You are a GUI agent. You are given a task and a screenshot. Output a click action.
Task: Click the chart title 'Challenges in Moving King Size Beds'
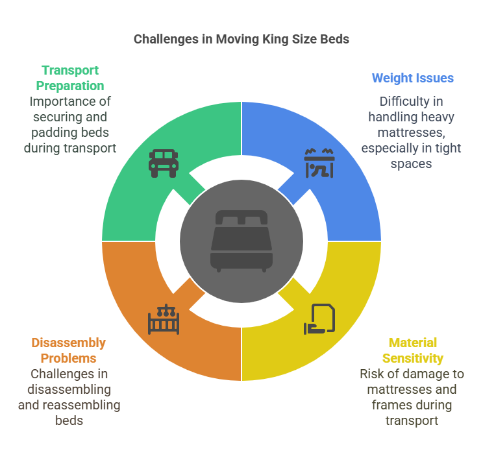241,39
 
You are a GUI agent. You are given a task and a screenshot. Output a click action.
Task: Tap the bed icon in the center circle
241,241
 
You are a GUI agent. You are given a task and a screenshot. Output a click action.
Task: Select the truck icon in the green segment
164,163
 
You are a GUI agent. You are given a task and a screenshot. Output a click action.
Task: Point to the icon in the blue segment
319,163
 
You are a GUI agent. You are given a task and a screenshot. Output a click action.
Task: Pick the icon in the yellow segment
319,319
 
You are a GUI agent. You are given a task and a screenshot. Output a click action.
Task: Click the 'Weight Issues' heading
412,78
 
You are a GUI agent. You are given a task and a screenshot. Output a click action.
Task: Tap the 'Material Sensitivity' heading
412,350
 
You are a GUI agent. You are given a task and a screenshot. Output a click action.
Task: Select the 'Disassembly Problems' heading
69,350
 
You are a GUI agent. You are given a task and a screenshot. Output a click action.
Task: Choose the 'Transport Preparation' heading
70,77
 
